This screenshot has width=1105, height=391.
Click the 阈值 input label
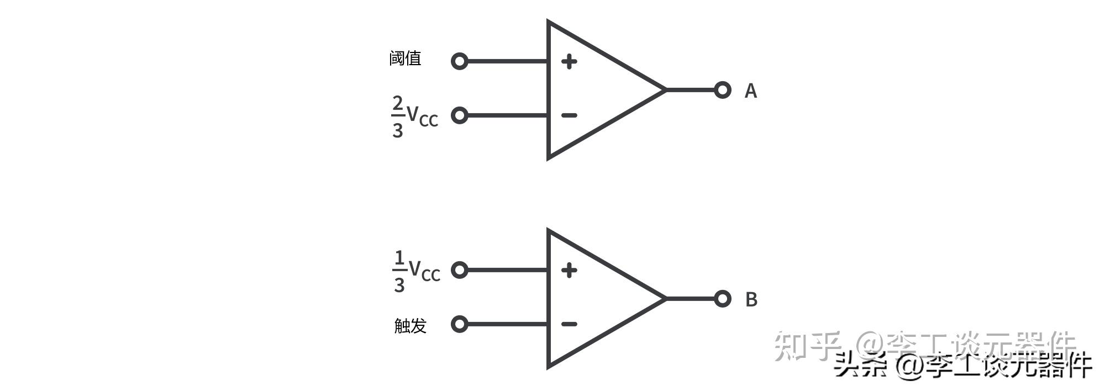(x=405, y=58)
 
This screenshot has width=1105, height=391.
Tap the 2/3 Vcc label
(x=414, y=116)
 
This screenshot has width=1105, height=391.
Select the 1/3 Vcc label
(x=416, y=271)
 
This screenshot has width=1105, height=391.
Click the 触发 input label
(x=410, y=325)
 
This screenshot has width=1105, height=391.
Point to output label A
(x=750, y=91)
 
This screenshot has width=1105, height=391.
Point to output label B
(x=751, y=299)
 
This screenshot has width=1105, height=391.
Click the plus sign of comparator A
(x=569, y=61)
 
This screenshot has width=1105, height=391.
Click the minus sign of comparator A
(x=569, y=115)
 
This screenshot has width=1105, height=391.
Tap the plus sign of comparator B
(x=569, y=270)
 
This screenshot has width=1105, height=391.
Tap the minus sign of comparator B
(x=569, y=324)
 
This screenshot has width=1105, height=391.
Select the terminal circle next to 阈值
(x=459, y=61)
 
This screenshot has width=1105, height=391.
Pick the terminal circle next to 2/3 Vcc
(x=459, y=115)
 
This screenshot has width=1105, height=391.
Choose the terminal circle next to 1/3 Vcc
(x=459, y=270)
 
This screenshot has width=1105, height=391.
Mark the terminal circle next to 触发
(x=459, y=324)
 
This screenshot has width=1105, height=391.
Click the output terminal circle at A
(x=722, y=89)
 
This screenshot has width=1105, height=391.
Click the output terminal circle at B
(x=722, y=298)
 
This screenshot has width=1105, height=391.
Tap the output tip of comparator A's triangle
(x=665, y=89)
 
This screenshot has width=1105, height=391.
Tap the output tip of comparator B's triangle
(x=665, y=298)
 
